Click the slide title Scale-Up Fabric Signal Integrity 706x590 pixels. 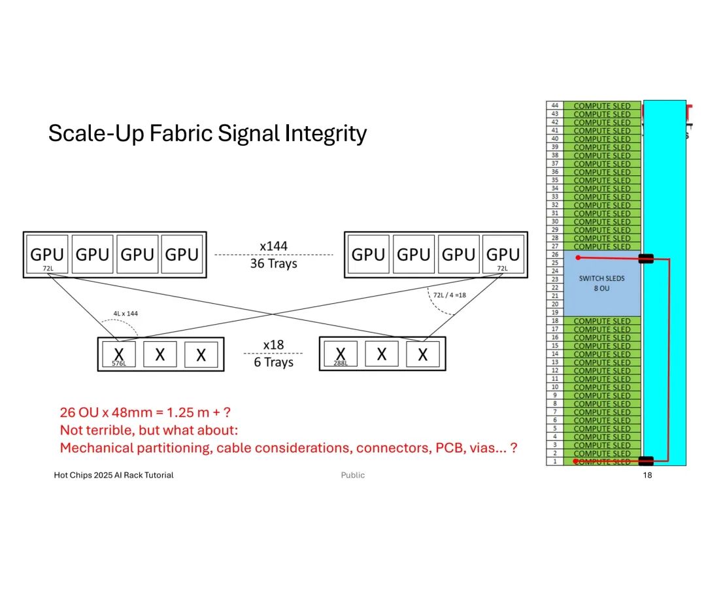(x=207, y=134)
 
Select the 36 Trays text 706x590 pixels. (x=274, y=263)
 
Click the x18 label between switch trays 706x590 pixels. (x=274, y=345)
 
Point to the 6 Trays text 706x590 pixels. (x=274, y=362)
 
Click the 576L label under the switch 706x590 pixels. (x=118, y=363)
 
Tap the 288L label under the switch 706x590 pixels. (x=340, y=363)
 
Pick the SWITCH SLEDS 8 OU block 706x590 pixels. (x=602, y=284)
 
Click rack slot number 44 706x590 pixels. (x=555, y=105)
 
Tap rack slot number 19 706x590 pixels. (x=555, y=312)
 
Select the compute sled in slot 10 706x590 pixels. (x=602, y=387)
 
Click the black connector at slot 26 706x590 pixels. (x=646, y=259)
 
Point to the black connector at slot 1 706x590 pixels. (x=646, y=460)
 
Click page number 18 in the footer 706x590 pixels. (x=647, y=475)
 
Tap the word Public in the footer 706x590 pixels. (x=353, y=475)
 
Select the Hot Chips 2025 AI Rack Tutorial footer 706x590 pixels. (x=114, y=475)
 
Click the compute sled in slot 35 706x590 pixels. (x=602, y=180)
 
